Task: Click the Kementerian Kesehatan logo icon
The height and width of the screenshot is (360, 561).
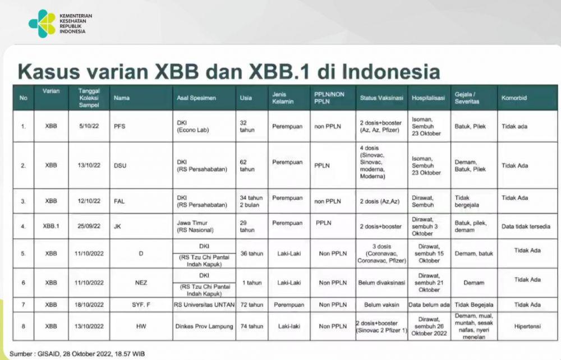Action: pyautogui.click(x=42, y=24)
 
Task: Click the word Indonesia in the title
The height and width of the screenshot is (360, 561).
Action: pyautogui.click(x=391, y=71)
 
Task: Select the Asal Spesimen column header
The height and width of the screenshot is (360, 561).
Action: pyautogui.click(x=196, y=98)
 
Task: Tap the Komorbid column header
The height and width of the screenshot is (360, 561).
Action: pyautogui.click(x=514, y=98)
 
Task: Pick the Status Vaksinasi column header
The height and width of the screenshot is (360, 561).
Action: pyautogui.click(x=381, y=98)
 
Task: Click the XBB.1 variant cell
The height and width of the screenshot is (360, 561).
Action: pyautogui.click(x=51, y=227)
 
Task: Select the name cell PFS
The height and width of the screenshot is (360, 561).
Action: pyautogui.click(x=119, y=126)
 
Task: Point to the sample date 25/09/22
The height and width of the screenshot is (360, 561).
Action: pyautogui.click(x=89, y=227)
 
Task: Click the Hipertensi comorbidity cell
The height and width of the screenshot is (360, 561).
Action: pyautogui.click(x=527, y=326)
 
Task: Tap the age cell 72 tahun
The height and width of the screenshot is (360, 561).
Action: pyautogui.click(x=251, y=305)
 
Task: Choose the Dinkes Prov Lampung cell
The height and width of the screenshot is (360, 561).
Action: pyautogui.click(x=204, y=326)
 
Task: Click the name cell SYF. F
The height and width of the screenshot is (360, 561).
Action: pyautogui.click(x=141, y=305)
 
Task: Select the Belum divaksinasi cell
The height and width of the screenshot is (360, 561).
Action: pyautogui.click(x=381, y=283)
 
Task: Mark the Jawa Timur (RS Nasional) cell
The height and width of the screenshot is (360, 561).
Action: pyautogui.click(x=195, y=227)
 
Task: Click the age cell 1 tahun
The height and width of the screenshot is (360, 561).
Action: pyautogui.click(x=252, y=283)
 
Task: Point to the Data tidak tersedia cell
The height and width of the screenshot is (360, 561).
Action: pyautogui.click(x=526, y=227)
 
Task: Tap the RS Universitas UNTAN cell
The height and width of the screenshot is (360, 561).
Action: pyautogui.click(x=204, y=305)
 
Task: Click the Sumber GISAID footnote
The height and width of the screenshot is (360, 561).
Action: pyautogui.click(x=77, y=354)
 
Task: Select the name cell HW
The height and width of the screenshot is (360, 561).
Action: pyautogui.click(x=141, y=326)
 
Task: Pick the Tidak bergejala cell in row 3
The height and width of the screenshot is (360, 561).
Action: pyautogui.click(x=467, y=201)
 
